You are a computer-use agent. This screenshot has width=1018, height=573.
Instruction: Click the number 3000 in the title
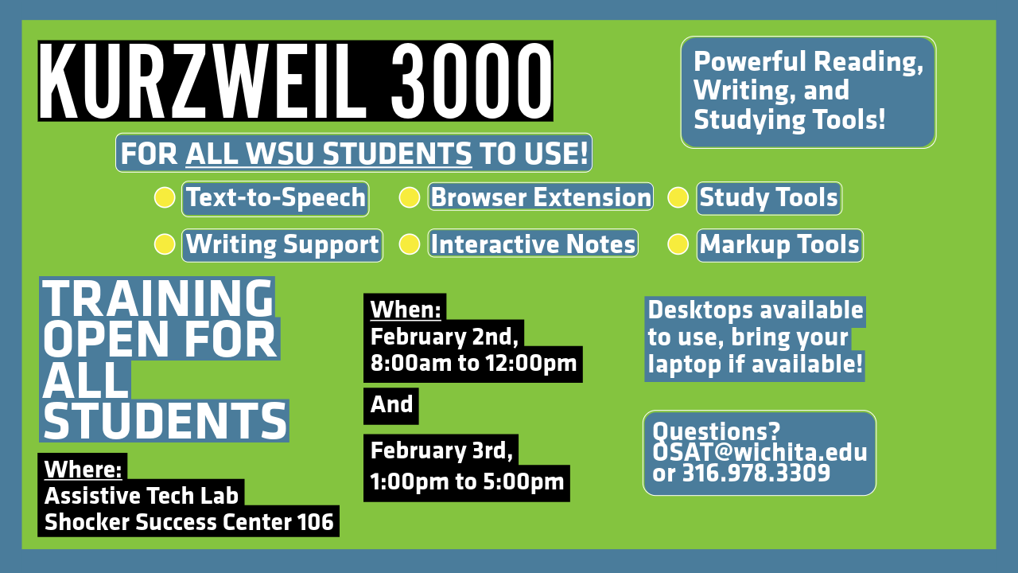471,82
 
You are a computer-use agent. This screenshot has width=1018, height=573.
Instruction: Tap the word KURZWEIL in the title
203,82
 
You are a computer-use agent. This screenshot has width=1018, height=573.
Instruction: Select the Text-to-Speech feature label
275,198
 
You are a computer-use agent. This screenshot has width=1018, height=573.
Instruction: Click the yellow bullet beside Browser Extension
409,198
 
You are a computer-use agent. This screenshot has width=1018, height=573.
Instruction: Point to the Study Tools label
769,198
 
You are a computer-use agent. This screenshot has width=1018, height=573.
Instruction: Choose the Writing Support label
282,245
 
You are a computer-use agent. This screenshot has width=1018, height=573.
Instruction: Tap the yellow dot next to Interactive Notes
409,244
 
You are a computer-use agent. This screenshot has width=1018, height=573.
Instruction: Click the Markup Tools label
779,245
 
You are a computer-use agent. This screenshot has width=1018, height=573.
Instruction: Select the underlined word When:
406,310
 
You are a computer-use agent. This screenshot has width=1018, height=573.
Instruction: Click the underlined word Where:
84,469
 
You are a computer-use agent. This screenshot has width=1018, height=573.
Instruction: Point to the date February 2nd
444,337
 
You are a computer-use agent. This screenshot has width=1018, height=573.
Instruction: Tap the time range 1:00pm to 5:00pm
467,481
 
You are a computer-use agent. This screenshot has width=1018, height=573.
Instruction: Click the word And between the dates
391,404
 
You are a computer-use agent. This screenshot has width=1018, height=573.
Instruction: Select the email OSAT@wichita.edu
760,453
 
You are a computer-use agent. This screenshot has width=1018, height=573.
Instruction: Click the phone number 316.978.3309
756,473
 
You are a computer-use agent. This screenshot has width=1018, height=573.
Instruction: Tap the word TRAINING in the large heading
157,298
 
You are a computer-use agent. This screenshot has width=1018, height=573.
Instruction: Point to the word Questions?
716,431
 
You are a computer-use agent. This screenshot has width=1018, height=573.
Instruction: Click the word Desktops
701,310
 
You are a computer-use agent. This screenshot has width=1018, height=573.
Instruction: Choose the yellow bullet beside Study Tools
678,198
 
